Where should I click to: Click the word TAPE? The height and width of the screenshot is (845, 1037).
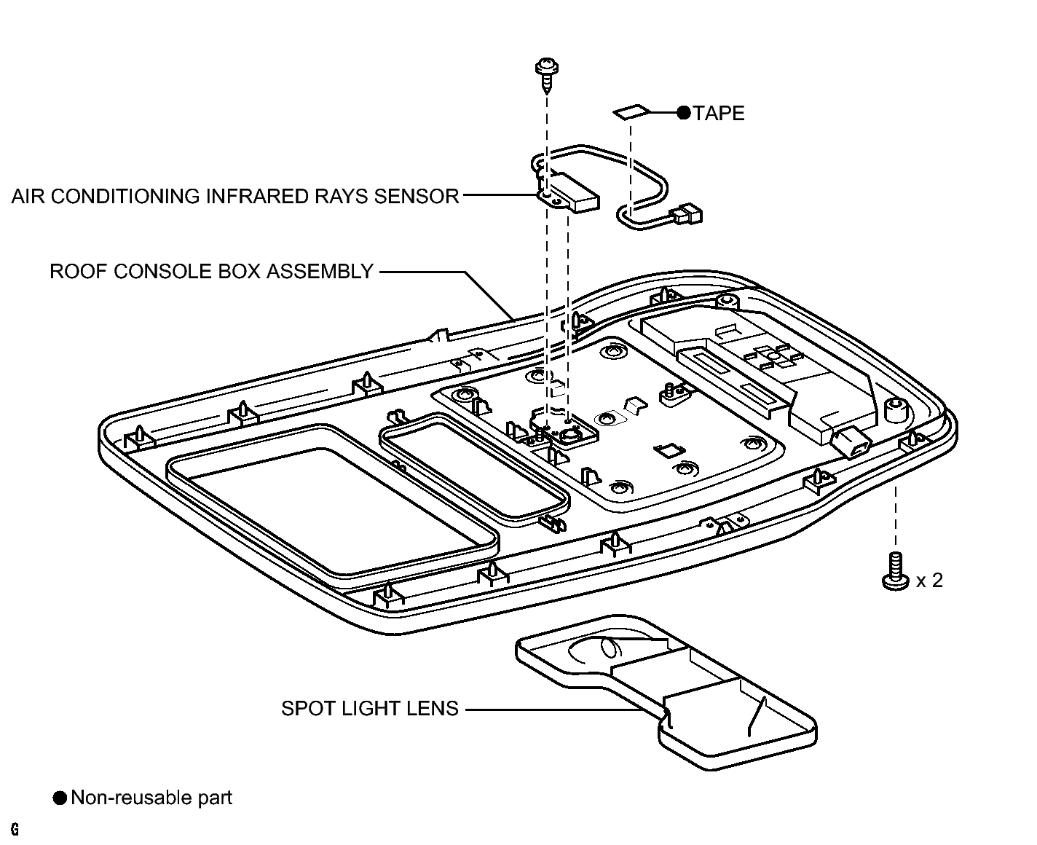(718, 114)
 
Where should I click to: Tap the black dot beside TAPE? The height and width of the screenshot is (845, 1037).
(684, 113)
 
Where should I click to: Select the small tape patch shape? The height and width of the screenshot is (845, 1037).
(631, 112)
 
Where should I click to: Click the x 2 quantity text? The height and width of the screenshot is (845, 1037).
(929, 581)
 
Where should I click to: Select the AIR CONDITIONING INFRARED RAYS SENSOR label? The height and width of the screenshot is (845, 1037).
(235, 196)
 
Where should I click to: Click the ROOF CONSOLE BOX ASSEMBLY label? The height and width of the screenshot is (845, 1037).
(211, 271)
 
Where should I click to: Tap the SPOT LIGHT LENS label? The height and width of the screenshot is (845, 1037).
(369, 709)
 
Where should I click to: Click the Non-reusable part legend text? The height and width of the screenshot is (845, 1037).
(151, 798)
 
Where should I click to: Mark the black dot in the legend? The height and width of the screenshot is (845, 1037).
(60, 798)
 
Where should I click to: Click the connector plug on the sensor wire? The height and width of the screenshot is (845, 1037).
(687, 214)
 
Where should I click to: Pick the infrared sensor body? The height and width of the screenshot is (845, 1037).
(569, 192)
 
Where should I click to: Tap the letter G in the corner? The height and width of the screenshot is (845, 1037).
(15, 829)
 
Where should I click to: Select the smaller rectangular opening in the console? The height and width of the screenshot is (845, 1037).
(475, 465)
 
